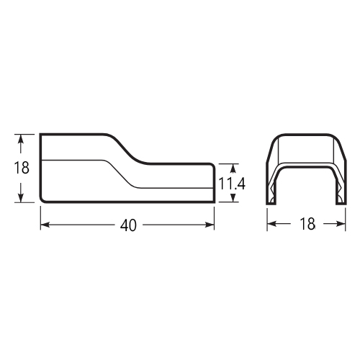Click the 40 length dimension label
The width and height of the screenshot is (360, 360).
click(128, 225)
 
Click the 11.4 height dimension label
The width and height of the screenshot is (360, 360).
click(232, 184)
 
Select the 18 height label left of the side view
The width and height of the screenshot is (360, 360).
click(22, 168)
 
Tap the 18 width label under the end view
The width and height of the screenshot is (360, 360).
click(307, 224)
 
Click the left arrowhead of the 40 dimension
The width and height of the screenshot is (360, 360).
click(45, 225)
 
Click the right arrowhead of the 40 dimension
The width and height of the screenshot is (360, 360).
click(210, 225)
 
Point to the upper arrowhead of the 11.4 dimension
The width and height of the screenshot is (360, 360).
click(233, 168)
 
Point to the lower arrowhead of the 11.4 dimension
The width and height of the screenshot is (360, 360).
click(233, 197)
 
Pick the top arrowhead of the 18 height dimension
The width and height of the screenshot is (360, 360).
click(21, 139)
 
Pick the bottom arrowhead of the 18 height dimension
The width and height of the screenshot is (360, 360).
click(21, 197)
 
